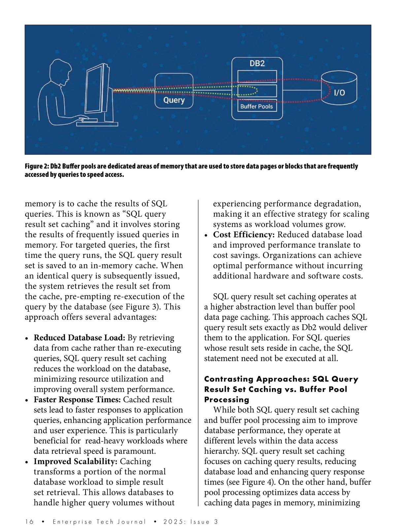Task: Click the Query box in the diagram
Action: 174,91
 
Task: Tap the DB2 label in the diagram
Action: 257,63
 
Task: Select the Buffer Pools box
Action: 257,106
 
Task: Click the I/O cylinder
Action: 339,88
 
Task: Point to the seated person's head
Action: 60,70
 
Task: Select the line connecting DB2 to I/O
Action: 302,90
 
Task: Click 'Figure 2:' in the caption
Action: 37,166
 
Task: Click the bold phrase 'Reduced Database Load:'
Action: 79,338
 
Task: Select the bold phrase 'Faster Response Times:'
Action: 77,399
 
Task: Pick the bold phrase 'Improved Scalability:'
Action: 76,461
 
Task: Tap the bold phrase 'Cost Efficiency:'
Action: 244,235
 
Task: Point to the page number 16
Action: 29,522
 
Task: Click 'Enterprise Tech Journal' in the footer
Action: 99,522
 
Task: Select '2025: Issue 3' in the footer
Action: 191,522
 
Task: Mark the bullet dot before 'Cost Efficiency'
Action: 206,235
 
